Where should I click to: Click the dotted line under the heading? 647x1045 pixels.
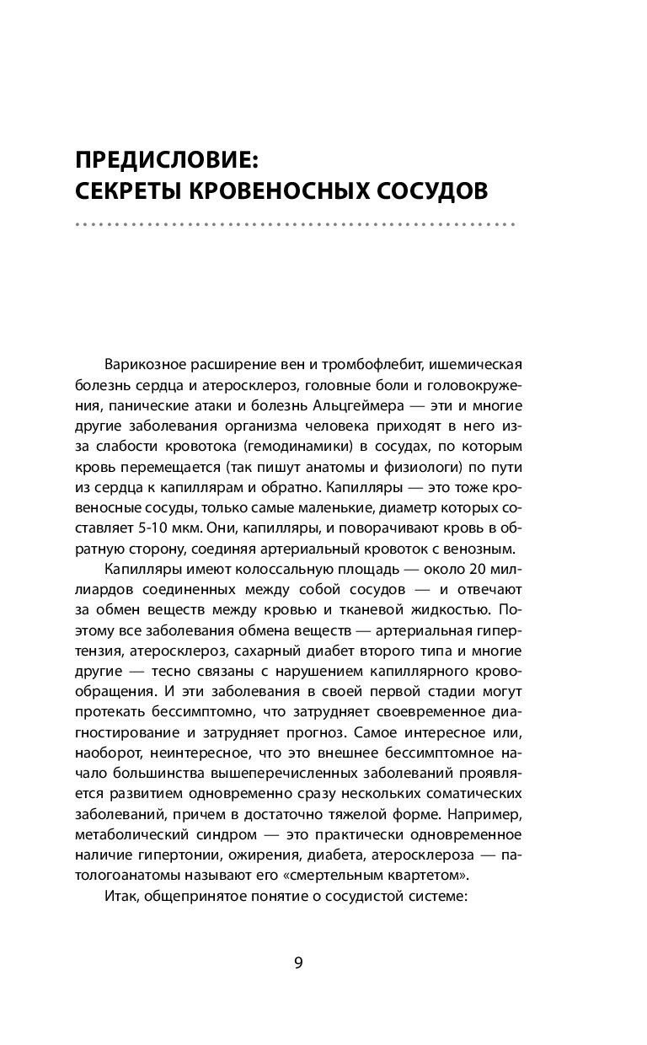(295, 226)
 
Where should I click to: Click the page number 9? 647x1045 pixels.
(298, 964)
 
